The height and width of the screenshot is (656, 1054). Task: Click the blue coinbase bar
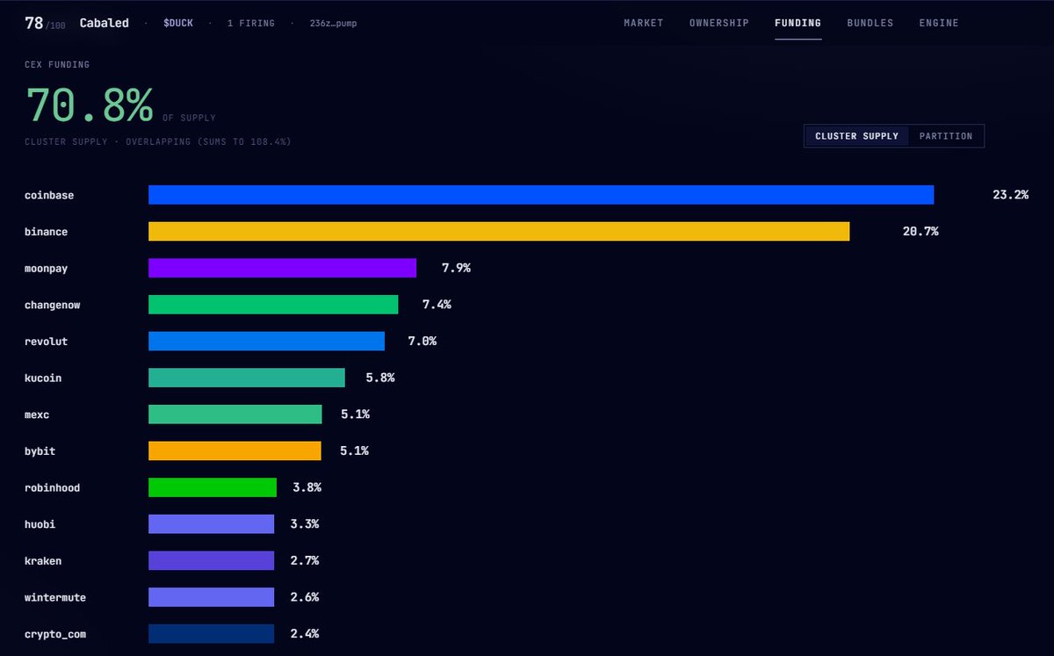tap(541, 195)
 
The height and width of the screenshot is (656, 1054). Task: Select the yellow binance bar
tap(499, 232)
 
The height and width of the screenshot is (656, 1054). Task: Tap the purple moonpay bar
tap(282, 268)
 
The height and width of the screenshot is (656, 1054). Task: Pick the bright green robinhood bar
tap(213, 487)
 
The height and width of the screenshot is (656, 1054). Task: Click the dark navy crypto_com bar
tap(212, 633)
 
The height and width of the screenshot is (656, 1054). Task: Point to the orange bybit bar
tap(235, 451)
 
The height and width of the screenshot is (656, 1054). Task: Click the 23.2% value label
tap(1010, 195)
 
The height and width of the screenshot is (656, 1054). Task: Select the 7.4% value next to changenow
tap(437, 305)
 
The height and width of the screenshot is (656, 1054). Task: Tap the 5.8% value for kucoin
tap(380, 378)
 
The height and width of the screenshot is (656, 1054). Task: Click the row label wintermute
tap(55, 598)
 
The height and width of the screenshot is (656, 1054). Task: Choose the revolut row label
tap(46, 342)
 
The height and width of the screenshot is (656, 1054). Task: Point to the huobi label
tap(40, 524)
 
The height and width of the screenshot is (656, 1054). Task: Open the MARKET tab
tap(643, 23)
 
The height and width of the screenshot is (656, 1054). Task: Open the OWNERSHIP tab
tap(719, 23)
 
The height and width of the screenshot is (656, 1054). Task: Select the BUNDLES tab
tap(870, 23)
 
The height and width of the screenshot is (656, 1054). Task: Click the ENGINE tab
tap(939, 23)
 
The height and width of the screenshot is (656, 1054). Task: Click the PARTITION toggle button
tap(946, 136)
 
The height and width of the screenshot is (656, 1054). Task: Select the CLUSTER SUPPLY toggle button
tap(856, 136)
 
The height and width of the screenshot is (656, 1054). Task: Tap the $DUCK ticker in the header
tap(177, 23)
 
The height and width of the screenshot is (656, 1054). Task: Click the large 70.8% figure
tap(90, 105)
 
